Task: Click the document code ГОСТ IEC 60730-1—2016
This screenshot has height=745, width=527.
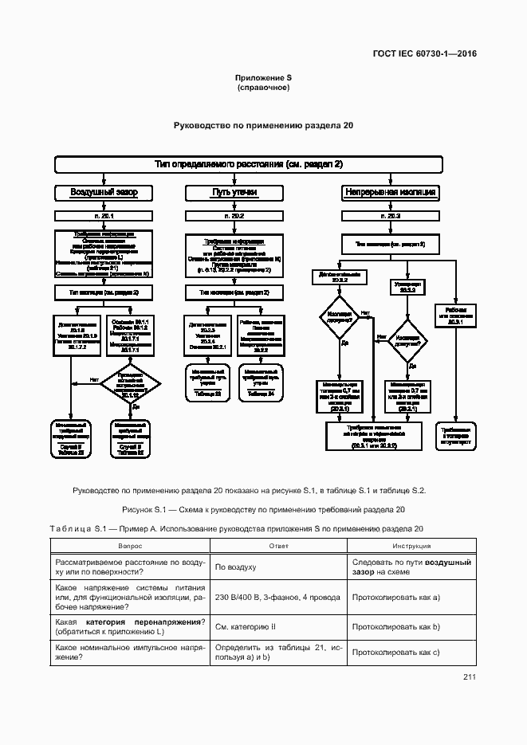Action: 431,54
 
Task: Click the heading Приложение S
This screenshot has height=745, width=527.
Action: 263,77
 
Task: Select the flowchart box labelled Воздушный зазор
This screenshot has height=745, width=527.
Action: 104,193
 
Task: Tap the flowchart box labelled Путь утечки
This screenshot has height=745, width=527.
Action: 234,193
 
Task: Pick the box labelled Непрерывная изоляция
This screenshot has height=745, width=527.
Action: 389,193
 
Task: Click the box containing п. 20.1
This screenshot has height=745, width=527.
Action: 104,216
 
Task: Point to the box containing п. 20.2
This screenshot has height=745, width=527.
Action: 234,216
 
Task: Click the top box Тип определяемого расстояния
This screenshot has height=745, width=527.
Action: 248,164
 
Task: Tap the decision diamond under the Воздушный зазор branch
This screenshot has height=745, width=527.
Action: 131,385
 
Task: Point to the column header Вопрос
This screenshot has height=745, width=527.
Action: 131,546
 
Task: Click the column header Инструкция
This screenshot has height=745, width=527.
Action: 411,546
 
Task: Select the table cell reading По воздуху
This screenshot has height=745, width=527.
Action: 235,567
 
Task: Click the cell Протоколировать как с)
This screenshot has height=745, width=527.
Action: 396,653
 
